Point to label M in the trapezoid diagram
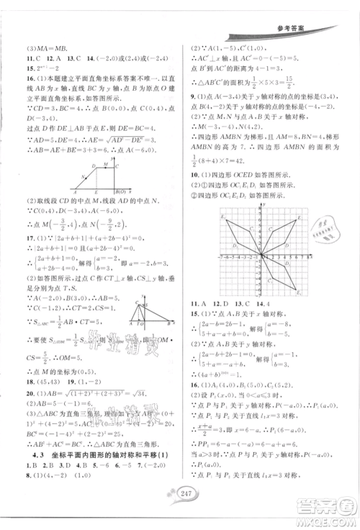click(104, 165)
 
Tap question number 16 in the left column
click(13, 74)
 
